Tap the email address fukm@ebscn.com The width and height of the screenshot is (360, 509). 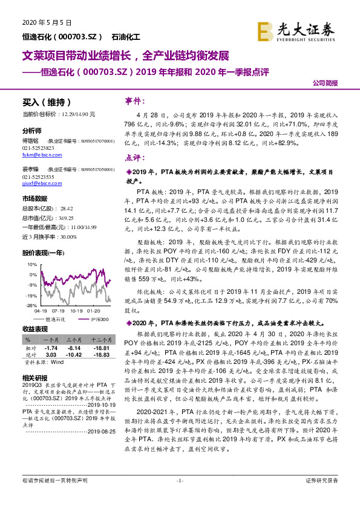(42, 154)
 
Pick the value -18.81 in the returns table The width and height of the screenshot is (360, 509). (100, 348)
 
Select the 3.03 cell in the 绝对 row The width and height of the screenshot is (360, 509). (51, 355)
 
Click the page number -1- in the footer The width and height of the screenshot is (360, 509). (179, 497)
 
